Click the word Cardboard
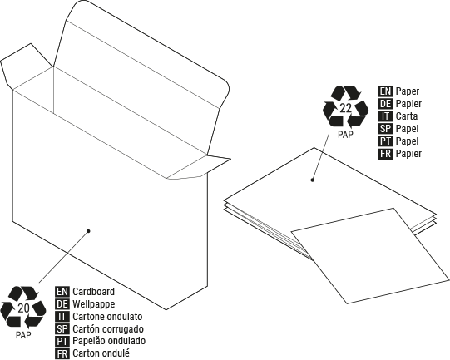click(93, 292)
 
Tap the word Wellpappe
click(93, 304)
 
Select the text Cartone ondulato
click(107, 317)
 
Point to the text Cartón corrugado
click(108, 329)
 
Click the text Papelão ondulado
click(109, 341)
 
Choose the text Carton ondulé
click(101, 353)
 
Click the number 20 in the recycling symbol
click(23, 308)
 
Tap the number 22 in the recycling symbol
click(345, 108)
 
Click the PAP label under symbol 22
click(345, 134)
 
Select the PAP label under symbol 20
click(23, 335)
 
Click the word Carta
click(407, 116)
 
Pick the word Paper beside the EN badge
click(408, 91)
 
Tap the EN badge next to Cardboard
click(62, 292)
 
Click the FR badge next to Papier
click(385, 154)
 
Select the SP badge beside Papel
click(385, 129)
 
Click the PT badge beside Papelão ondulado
click(62, 342)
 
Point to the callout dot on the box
click(88, 231)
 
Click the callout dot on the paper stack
click(313, 180)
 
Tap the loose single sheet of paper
click(370, 255)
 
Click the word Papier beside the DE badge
click(408, 104)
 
